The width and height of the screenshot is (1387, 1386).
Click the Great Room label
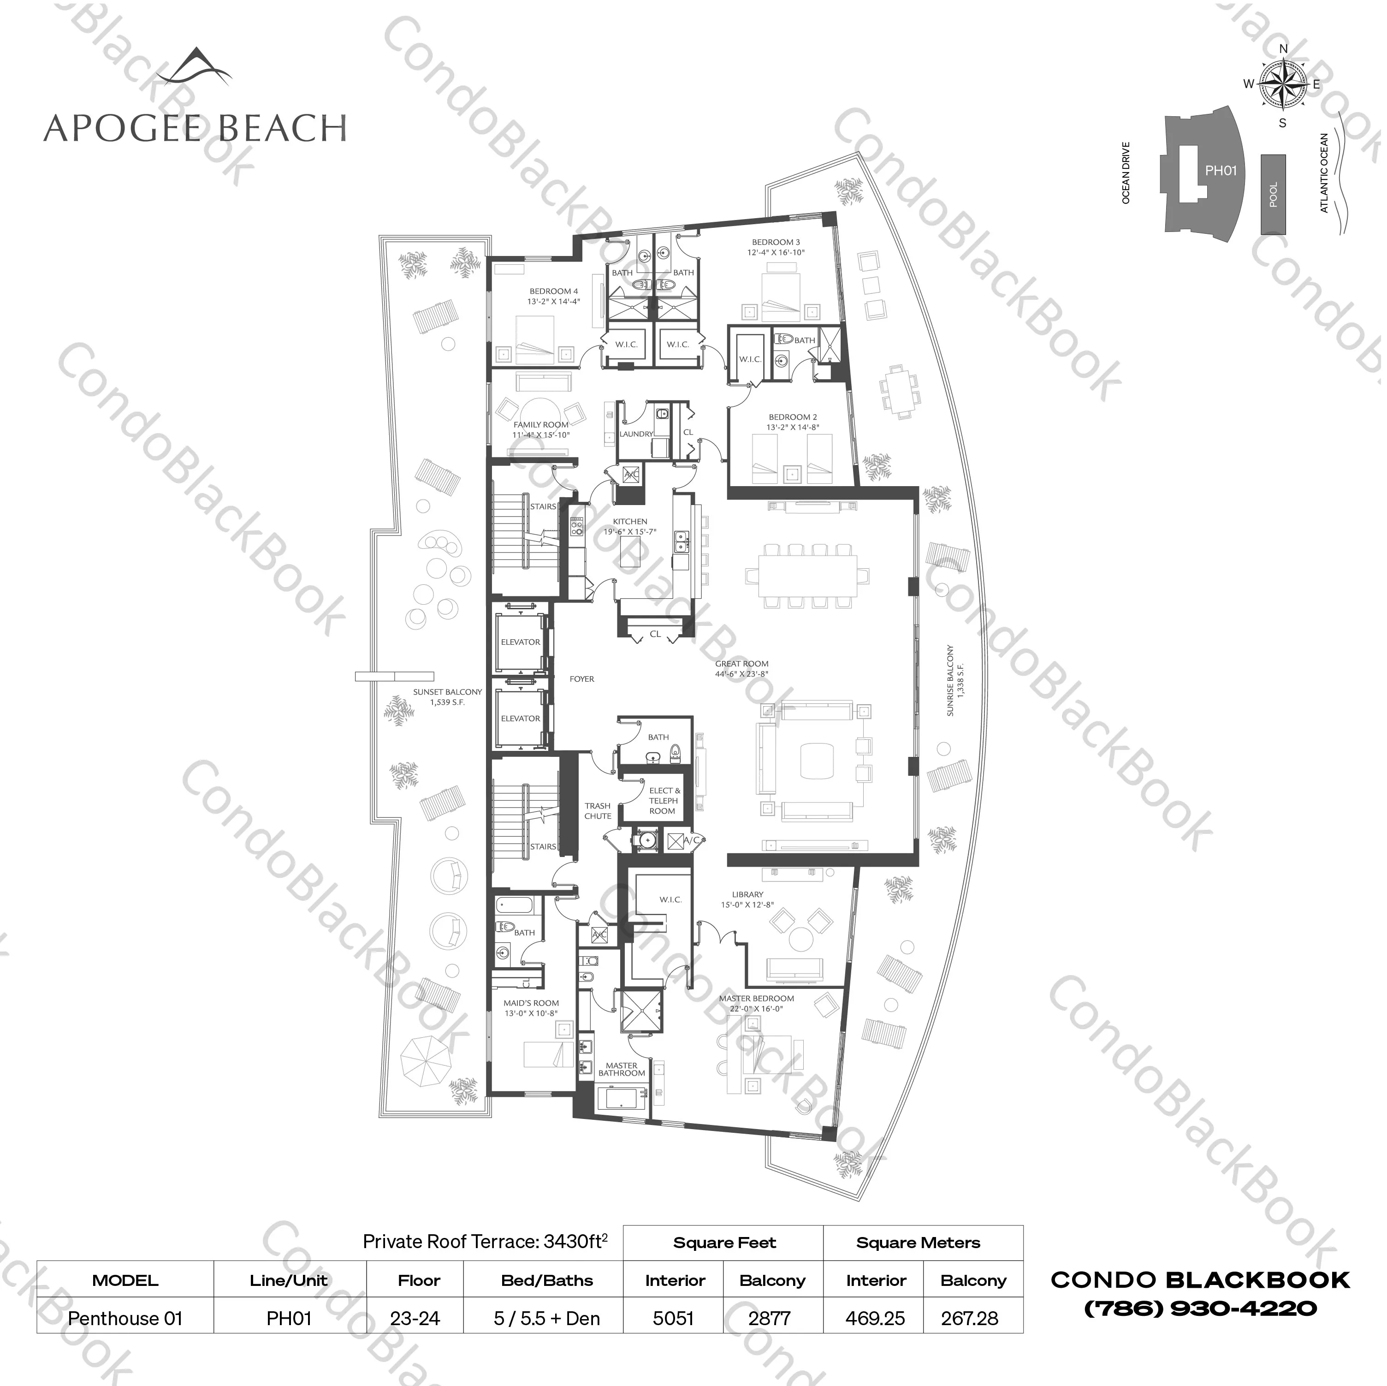(x=741, y=664)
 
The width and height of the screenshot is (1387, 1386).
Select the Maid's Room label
(x=531, y=1003)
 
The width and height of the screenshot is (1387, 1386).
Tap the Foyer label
(x=581, y=678)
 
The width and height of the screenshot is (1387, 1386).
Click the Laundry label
(x=636, y=434)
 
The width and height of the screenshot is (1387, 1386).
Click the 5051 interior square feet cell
(x=673, y=1319)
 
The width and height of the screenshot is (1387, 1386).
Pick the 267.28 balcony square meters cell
(x=969, y=1319)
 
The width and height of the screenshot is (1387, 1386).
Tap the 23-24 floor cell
(x=415, y=1319)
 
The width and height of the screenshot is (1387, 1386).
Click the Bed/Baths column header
(x=546, y=1280)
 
